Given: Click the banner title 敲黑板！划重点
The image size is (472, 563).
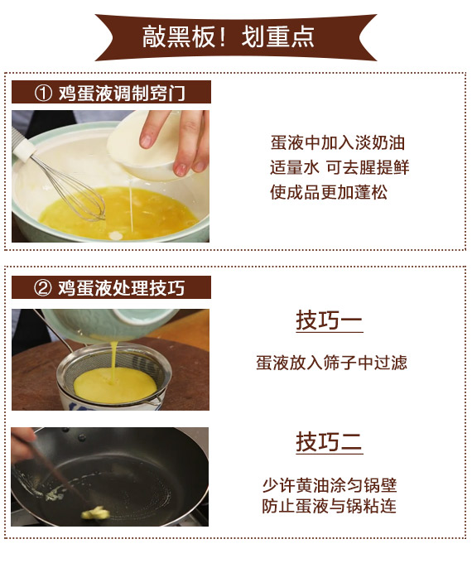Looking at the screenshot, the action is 229,36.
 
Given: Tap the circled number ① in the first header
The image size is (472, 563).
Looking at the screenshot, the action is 43,93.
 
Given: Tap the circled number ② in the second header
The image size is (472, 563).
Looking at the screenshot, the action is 43,288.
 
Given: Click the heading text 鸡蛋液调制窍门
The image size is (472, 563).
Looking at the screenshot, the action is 122,93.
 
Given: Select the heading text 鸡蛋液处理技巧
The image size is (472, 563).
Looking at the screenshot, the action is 122,288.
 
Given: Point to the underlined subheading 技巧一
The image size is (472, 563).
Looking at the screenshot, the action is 329,320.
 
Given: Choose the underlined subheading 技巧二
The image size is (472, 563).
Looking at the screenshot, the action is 329,442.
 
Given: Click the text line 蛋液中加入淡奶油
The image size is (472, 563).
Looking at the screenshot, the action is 338,143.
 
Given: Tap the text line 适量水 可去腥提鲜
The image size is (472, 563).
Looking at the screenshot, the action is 340,167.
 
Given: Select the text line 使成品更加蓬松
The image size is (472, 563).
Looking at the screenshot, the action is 329,192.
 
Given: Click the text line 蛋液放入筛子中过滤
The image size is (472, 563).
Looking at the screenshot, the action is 331,363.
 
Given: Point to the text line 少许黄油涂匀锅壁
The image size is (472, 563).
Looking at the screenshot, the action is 330,485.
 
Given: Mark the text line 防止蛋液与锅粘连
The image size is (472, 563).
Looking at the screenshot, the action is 329,506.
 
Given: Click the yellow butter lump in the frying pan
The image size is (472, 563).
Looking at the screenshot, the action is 95,513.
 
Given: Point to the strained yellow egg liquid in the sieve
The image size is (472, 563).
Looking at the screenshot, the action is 115,386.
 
